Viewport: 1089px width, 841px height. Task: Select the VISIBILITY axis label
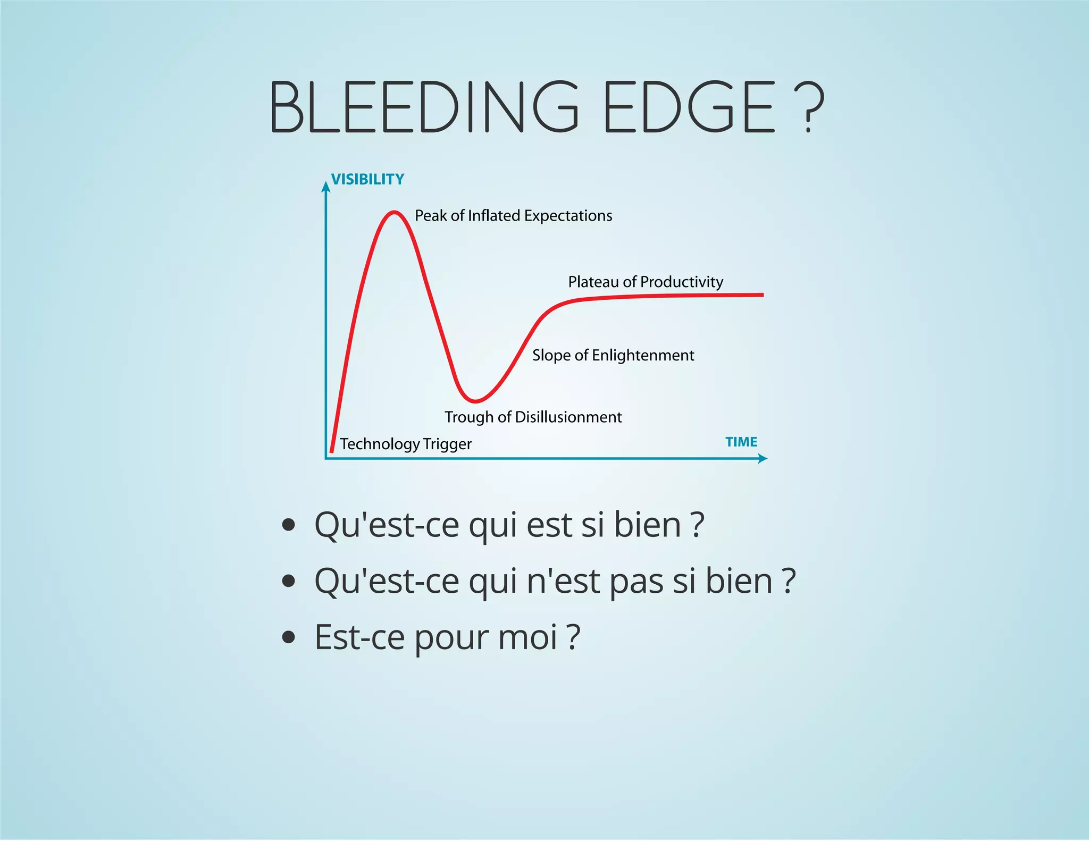point(367,179)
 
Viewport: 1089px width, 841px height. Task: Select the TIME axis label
point(741,442)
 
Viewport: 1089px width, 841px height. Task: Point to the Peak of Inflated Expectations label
point(513,216)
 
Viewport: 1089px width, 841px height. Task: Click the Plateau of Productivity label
point(646,282)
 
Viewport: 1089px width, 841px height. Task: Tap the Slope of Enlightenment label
point(613,355)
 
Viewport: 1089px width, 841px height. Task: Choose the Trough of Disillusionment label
point(533,417)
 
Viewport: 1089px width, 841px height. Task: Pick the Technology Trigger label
point(406,444)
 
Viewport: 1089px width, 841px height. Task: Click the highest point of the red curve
point(393,213)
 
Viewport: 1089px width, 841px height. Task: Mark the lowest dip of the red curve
point(475,401)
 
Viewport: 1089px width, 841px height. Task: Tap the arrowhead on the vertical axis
point(326,186)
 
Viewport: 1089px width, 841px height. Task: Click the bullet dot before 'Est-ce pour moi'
point(289,636)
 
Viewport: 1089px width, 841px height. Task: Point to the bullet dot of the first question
point(289,525)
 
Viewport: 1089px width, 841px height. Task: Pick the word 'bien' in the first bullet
point(647,525)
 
